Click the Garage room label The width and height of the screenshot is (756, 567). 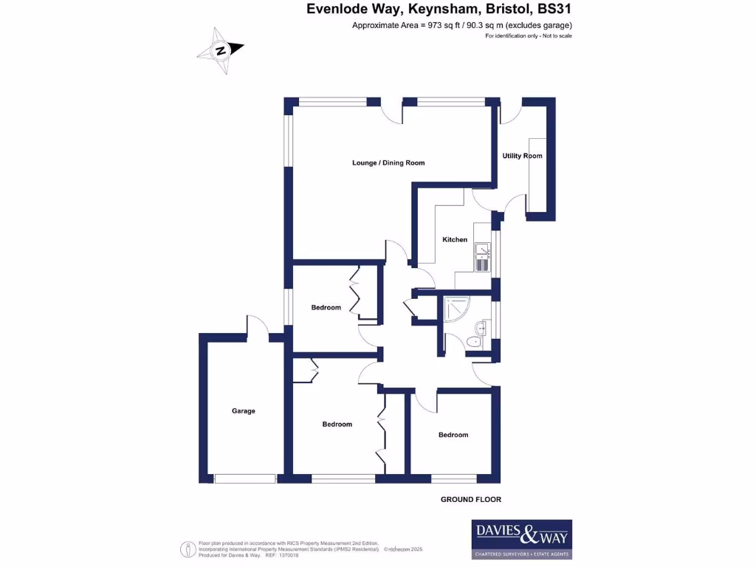coord(243,411)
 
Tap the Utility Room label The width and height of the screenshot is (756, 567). coord(522,156)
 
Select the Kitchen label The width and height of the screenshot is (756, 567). coord(455,239)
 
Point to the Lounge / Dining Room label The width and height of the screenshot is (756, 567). coord(388,162)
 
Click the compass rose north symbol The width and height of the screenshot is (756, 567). coord(220,51)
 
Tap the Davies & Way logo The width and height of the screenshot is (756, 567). coord(521,539)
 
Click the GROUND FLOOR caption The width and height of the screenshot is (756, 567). coord(470,500)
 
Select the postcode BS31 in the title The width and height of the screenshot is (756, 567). coord(554,10)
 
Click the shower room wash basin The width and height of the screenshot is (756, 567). coord(482,329)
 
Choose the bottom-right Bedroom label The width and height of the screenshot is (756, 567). coord(453,435)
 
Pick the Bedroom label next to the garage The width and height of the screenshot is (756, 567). coord(337,425)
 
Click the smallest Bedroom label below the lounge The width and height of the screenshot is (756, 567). coord(326,307)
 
